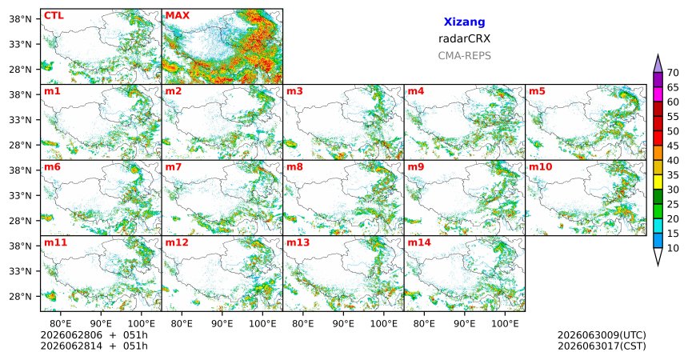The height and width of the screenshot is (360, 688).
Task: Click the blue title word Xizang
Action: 464,22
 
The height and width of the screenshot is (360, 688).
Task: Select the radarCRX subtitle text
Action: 464,38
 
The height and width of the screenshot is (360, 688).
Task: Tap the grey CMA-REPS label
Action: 464,56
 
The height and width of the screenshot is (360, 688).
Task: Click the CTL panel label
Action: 54,16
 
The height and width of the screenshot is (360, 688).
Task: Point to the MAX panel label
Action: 178,16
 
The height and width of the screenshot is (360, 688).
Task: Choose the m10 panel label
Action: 540,167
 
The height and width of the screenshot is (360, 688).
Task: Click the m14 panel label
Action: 419,242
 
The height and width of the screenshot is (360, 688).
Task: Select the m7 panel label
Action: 174,167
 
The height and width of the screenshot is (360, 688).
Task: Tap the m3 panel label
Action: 294,91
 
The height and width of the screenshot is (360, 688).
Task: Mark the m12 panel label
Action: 177,242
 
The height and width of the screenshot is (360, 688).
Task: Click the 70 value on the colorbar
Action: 673,73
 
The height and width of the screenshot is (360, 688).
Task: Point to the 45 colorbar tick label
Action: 673,146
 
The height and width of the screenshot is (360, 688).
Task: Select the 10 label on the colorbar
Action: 673,249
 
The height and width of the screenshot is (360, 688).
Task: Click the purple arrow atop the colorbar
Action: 658,63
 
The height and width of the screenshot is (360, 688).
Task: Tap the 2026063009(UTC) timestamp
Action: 602,335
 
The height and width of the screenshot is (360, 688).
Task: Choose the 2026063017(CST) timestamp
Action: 602,346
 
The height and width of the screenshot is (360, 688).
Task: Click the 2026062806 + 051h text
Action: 94,335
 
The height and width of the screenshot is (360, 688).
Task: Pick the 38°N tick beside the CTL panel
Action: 21,19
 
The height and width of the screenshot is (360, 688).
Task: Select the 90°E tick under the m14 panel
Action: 465,324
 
